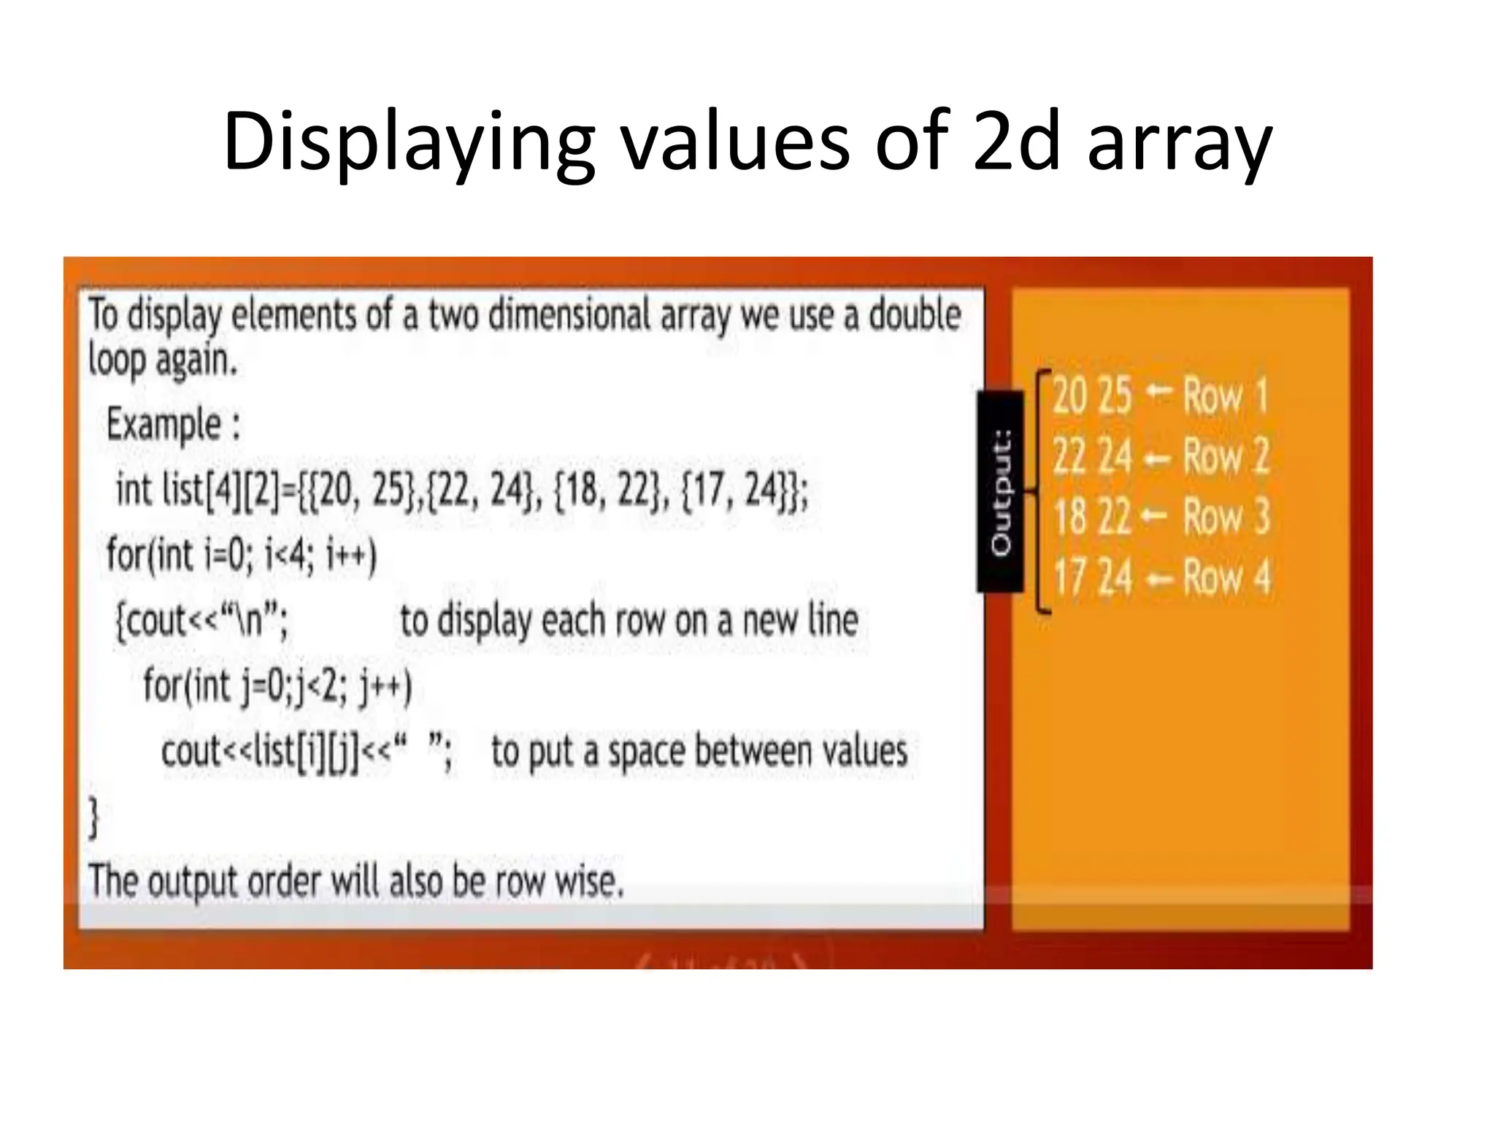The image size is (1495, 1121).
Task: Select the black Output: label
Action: (1001, 492)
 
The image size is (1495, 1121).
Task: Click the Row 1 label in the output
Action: (1226, 396)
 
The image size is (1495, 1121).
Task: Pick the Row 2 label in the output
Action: (1226, 457)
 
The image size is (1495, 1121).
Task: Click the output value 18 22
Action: (1092, 517)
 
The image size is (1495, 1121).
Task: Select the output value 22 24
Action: (1092, 457)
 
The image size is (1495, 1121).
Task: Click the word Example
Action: (164, 425)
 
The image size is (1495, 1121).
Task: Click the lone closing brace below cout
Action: (93, 817)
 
